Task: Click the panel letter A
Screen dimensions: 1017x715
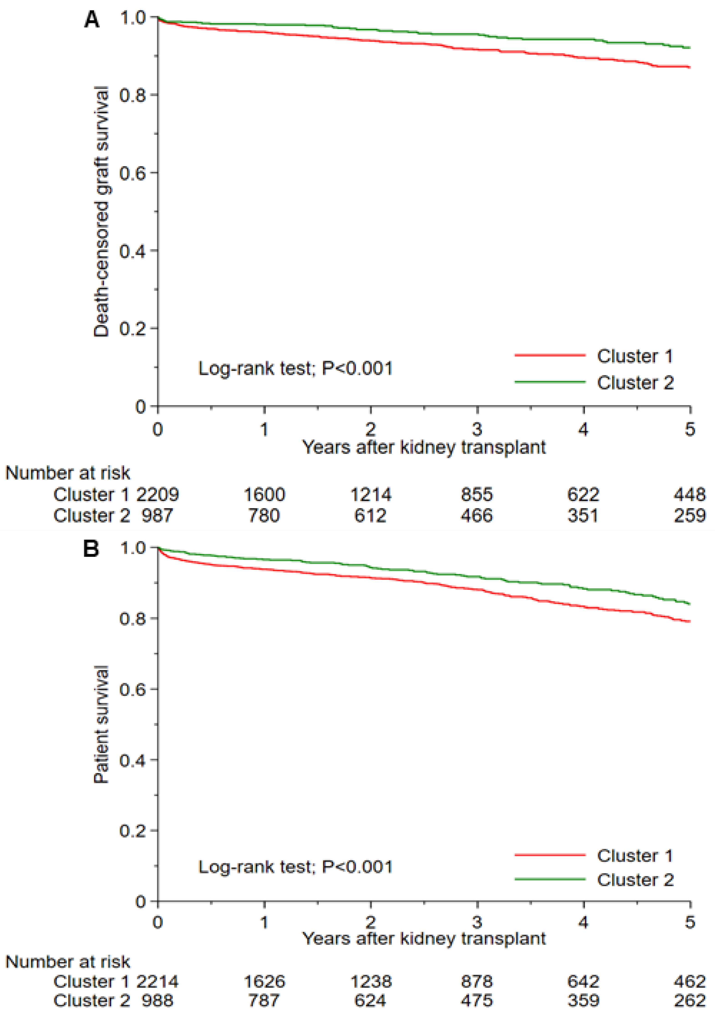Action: point(92,20)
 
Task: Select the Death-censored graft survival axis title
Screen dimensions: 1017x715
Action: point(102,212)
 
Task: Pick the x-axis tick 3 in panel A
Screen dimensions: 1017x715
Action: point(477,429)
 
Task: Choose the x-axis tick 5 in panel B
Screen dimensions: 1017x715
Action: point(690,922)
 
